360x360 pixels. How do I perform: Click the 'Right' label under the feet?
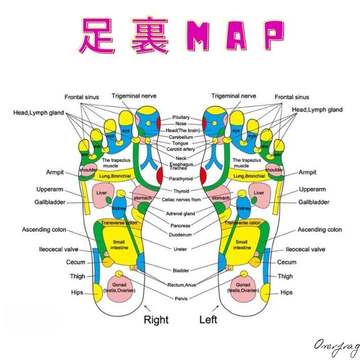click(156, 319)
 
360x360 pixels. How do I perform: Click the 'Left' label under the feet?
click(208, 319)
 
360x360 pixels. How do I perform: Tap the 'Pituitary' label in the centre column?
click(181, 117)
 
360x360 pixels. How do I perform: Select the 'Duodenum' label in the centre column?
click(181, 235)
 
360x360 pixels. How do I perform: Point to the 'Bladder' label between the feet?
click(181, 271)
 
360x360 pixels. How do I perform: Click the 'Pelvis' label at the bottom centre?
click(181, 299)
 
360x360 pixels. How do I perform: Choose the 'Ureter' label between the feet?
click(181, 249)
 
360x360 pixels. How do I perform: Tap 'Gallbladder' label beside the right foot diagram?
click(53, 202)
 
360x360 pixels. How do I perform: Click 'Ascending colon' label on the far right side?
click(319, 230)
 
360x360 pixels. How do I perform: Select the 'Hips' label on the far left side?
click(78, 293)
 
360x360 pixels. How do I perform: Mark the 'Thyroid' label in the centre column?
click(181, 191)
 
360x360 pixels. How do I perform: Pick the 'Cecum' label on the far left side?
click(76, 262)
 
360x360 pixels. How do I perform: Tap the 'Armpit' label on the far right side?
click(307, 172)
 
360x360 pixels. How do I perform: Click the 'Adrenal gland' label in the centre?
click(181, 213)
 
